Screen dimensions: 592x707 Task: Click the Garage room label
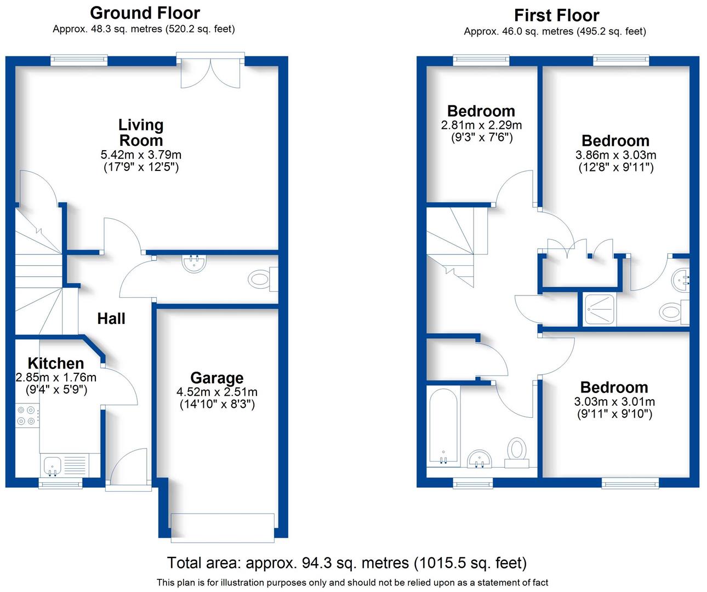click(x=217, y=378)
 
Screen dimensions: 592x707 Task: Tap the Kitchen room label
click(x=56, y=363)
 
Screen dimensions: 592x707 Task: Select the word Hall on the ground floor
click(x=111, y=318)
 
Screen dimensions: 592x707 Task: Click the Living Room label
click(x=141, y=133)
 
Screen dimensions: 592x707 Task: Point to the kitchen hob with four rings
click(x=27, y=414)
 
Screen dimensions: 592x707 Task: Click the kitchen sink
click(x=53, y=465)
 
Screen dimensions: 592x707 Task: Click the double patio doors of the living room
click(x=210, y=71)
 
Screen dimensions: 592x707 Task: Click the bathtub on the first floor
click(x=443, y=426)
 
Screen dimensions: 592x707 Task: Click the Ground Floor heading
click(x=145, y=13)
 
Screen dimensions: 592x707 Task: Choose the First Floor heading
click(x=556, y=15)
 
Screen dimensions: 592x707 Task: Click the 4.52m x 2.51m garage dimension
click(x=217, y=392)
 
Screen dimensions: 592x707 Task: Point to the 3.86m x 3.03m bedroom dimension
click(x=615, y=155)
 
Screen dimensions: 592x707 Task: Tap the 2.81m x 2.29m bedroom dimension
click(x=481, y=126)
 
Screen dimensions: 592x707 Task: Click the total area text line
click(x=346, y=563)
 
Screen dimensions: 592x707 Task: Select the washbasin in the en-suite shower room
click(x=680, y=280)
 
